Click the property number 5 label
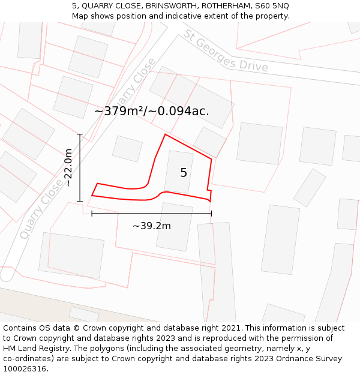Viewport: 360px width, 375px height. tap(184, 173)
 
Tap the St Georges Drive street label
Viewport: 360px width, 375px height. tap(226, 50)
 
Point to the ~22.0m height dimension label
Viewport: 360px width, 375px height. tap(68, 167)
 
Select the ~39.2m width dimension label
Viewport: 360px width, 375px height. tap(151, 226)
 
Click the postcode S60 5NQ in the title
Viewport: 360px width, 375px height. tap(272, 5)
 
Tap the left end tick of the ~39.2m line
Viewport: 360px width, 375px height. tap(92, 213)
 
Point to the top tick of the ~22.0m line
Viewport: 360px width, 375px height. tap(80, 134)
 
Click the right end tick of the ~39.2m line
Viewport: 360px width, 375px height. tap(211, 213)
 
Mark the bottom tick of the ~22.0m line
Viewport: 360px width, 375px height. tap(80, 201)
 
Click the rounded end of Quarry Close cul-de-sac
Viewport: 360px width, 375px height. tap(7, 275)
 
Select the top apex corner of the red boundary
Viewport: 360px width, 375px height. tap(165, 134)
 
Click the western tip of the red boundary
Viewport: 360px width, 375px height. tap(92, 195)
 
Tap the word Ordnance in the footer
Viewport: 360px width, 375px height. tap(290, 359)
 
